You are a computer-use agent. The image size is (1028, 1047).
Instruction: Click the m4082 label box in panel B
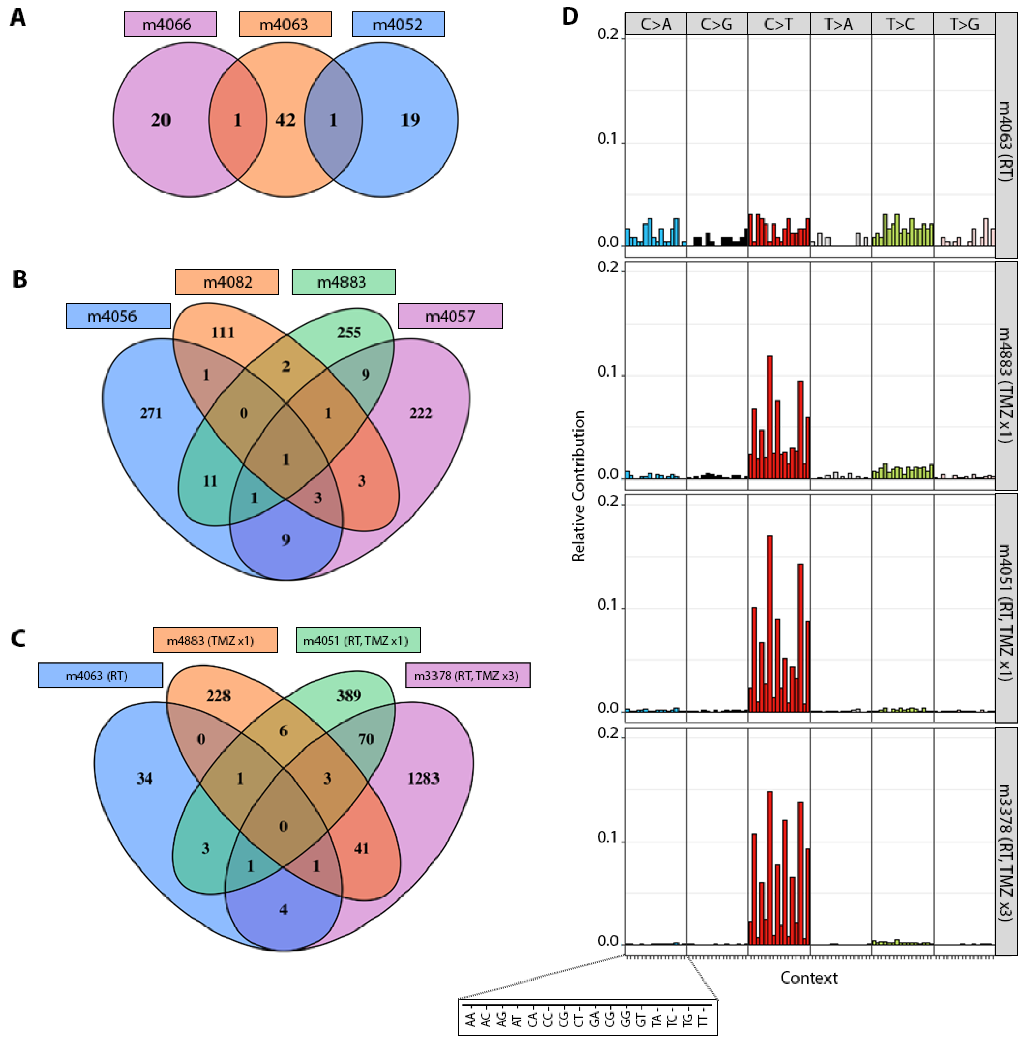[227, 282]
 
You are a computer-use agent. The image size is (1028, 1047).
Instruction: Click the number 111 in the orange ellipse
[222, 332]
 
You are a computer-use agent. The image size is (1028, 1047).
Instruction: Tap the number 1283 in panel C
[423, 778]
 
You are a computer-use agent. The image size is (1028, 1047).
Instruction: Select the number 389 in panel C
[349, 695]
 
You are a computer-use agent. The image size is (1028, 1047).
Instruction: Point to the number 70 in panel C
[366, 739]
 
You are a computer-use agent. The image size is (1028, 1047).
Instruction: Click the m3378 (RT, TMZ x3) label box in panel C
[468, 675]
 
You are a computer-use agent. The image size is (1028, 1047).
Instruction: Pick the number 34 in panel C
[144, 778]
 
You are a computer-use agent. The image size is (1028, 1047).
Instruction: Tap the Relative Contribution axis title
[578, 486]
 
